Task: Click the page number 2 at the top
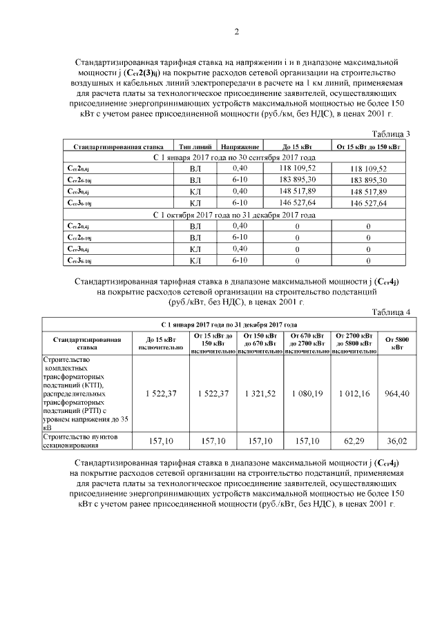tap(236, 31)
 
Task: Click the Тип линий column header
tap(195, 147)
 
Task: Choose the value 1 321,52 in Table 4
tap(260, 393)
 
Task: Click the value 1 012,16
tap(354, 393)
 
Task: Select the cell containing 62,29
tap(354, 440)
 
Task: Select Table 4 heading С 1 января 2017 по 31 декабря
tap(229, 324)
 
